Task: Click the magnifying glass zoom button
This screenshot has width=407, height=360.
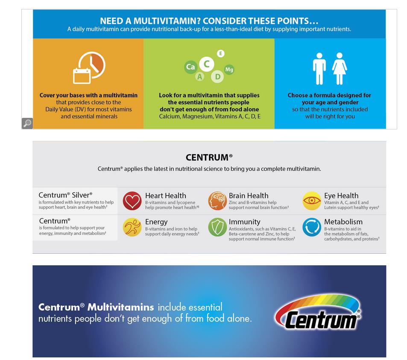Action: point(27,123)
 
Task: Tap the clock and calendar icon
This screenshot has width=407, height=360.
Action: point(89,68)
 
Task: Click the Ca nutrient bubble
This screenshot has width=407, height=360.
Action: point(190,67)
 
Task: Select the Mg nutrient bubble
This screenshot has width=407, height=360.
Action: point(229,70)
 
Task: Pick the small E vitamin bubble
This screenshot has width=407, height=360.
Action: point(221,54)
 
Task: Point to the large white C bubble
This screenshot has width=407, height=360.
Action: point(207,64)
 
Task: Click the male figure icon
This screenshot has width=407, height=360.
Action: point(319,69)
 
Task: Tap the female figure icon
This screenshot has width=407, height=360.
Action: point(340,69)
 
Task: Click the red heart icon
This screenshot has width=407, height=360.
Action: point(132,201)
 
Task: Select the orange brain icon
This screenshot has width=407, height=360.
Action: point(217,201)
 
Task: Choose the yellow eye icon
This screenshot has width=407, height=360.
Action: point(312,201)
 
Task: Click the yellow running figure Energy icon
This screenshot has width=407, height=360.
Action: point(132,227)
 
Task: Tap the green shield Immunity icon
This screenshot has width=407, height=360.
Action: point(217,227)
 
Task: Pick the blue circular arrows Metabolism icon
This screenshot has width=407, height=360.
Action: point(312,227)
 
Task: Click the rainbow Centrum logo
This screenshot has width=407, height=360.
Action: point(318,312)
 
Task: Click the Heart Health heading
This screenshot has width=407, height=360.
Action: point(166,196)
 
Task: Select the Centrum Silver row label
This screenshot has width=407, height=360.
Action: point(65,195)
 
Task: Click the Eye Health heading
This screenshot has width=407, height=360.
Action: point(341,196)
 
